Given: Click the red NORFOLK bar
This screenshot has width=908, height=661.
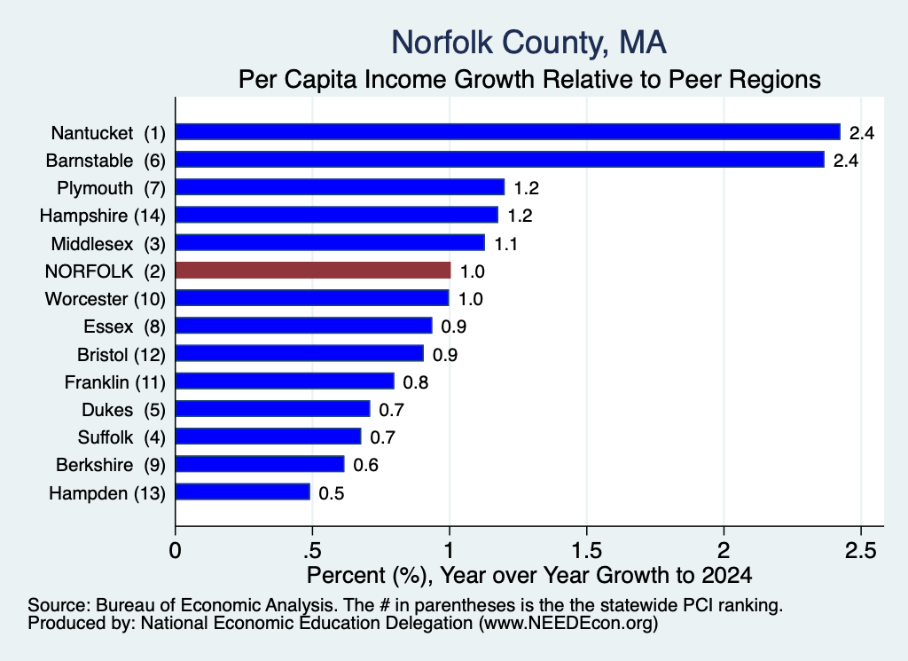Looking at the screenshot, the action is pyautogui.click(x=313, y=271).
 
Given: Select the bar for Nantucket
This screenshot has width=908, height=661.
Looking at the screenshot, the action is pyautogui.click(x=508, y=132).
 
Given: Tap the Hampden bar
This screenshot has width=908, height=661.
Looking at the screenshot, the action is pyautogui.click(x=243, y=492).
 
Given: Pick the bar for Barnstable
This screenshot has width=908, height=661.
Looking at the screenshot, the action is pyautogui.click(x=500, y=160).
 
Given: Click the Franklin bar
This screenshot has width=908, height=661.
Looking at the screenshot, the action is pyautogui.click(x=285, y=382).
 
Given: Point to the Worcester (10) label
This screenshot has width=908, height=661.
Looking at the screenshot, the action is pyautogui.click(x=106, y=299).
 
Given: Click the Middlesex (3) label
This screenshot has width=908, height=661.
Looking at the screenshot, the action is pyautogui.click(x=108, y=244).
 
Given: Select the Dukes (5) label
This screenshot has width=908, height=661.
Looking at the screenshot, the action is pyautogui.click(x=123, y=410).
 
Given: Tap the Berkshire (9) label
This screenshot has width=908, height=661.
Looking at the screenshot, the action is pyautogui.click(x=111, y=465).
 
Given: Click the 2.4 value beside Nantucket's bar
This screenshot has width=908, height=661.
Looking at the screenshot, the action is pyautogui.click(x=862, y=133).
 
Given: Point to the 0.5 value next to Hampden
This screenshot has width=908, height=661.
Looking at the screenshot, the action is pyautogui.click(x=332, y=493).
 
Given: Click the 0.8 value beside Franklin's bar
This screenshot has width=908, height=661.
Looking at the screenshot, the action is pyautogui.click(x=415, y=382).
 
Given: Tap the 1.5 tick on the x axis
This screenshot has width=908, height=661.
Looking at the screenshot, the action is pyautogui.click(x=587, y=550).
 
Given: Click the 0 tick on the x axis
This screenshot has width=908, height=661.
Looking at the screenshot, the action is pyautogui.click(x=175, y=550).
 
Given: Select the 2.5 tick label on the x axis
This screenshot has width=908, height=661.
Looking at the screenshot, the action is pyautogui.click(x=860, y=550).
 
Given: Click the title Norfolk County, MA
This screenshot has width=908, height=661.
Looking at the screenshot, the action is pyautogui.click(x=528, y=43).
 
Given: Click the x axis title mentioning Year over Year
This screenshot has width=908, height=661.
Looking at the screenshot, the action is pyautogui.click(x=529, y=575).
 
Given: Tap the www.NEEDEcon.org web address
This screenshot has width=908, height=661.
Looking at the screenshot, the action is pyautogui.click(x=567, y=624).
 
